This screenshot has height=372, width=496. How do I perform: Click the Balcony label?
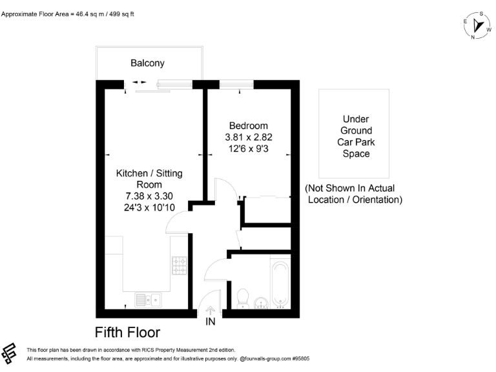click(x=147, y=63)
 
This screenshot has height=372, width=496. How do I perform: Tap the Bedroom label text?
click(x=245, y=125)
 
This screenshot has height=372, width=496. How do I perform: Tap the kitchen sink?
click(x=148, y=300)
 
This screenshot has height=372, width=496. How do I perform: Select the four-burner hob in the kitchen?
click(x=179, y=265)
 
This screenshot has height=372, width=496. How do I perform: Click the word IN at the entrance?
click(x=210, y=321)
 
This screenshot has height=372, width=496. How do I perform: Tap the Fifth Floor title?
click(x=127, y=333)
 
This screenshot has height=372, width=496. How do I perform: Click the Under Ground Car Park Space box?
click(x=356, y=134)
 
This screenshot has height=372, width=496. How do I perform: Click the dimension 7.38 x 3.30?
click(x=149, y=196)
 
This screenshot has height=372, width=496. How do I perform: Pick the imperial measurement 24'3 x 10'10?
click(x=149, y=208)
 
